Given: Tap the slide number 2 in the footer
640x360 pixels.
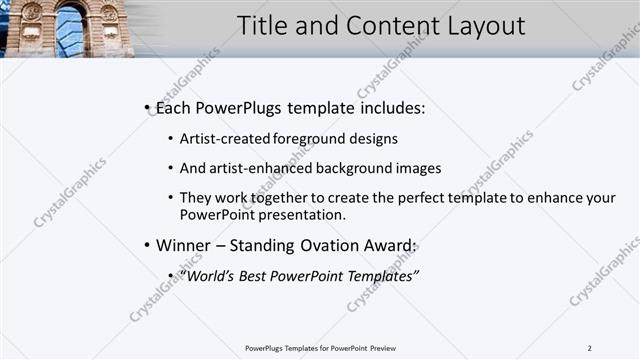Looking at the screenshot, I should (x=589, y=348).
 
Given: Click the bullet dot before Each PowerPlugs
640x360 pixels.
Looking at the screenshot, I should (x=147, y=107).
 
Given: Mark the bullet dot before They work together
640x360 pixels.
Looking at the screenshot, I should (x=170, y=199).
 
